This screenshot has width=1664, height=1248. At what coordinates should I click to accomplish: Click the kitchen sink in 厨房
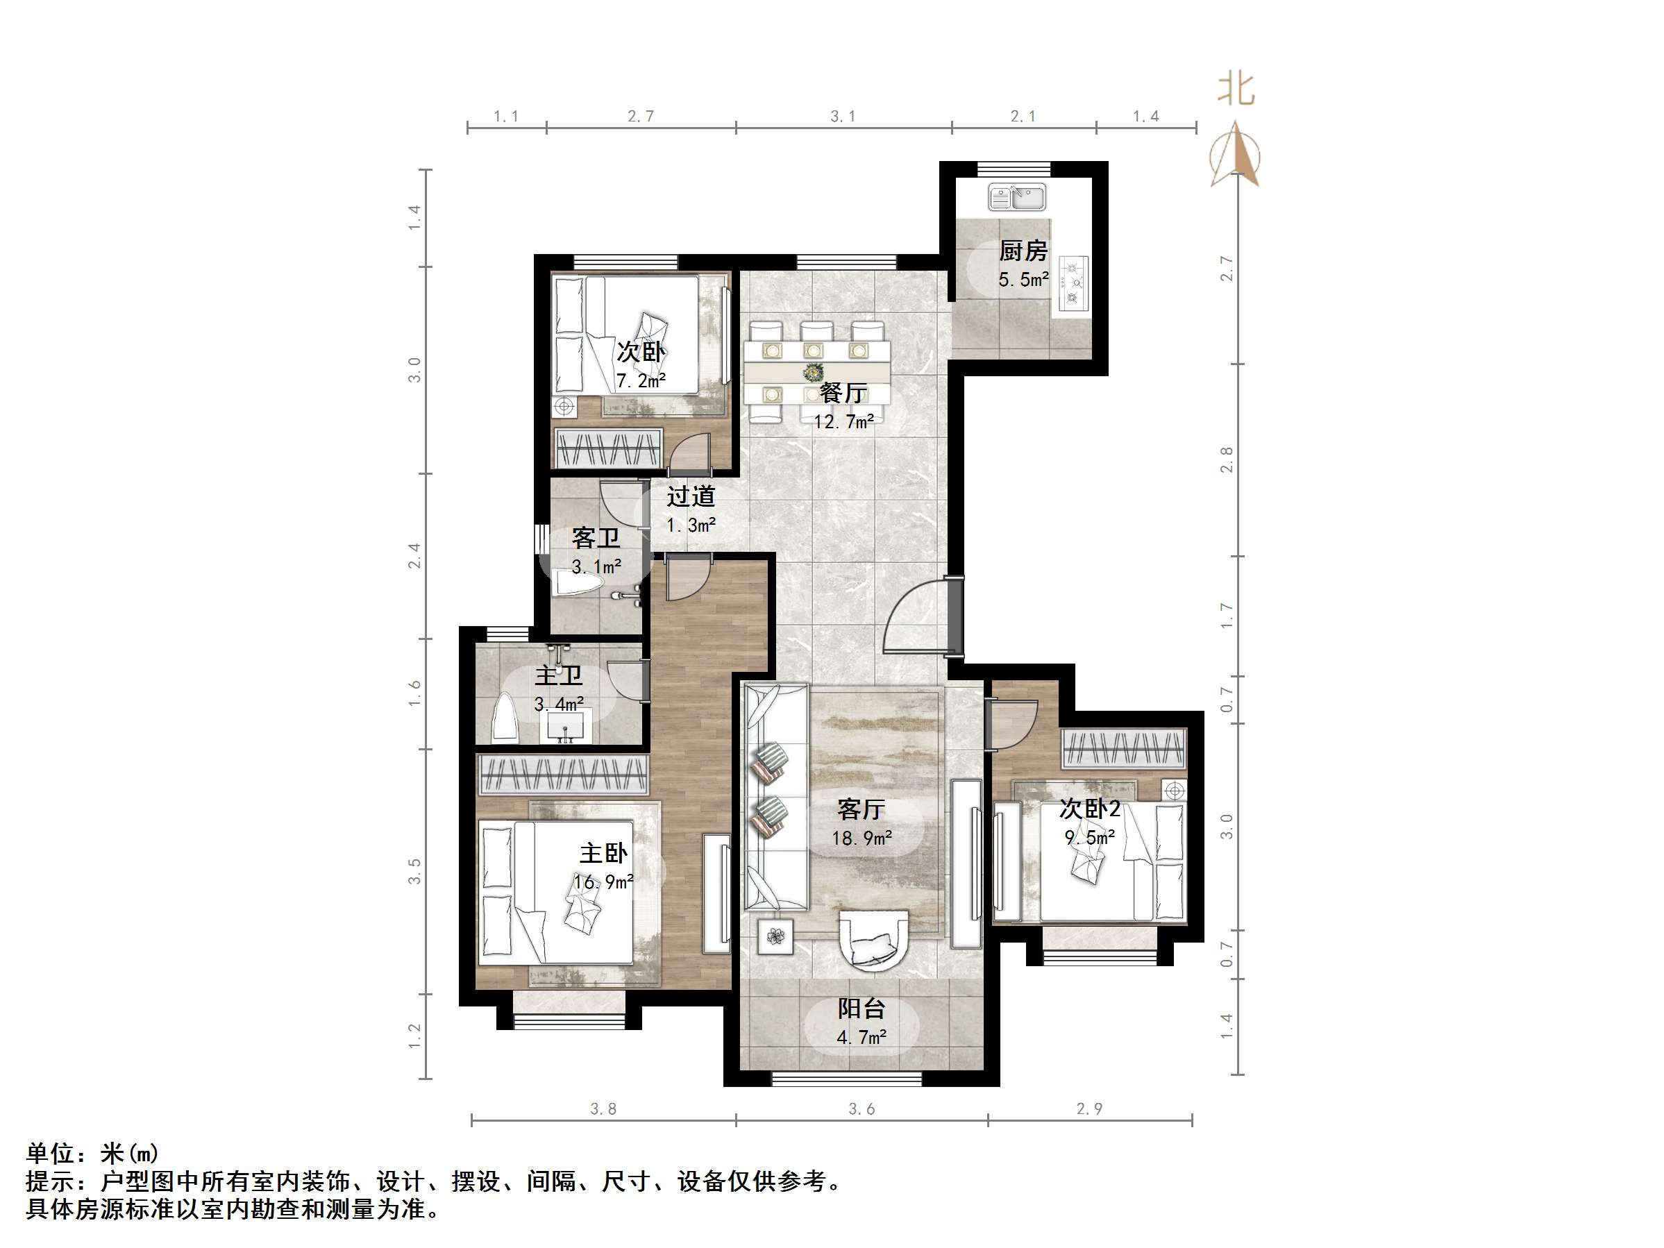[x=1016, y=198]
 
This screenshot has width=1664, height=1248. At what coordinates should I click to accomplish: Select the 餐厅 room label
[x=843, y=393]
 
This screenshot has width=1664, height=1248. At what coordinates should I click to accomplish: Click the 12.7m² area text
[x=843, y=421]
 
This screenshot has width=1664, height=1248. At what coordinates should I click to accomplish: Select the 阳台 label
[x=862, y=1008]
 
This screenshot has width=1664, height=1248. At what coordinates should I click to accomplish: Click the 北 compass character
[x=1236, y=90]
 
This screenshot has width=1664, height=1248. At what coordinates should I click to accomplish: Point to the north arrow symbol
[x=1235, y=154]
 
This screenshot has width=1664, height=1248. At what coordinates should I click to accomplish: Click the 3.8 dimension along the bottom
[x=603, y=1108]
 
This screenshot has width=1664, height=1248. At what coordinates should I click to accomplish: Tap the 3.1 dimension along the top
[x=843, y=116]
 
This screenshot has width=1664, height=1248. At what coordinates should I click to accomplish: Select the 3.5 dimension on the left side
[x=414, y=871]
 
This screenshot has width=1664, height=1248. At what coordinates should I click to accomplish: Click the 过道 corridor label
[x=691, y=496]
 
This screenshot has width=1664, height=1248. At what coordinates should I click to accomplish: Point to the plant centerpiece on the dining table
[x=812, y=372]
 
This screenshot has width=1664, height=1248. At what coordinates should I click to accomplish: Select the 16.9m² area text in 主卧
[x=603, y=882]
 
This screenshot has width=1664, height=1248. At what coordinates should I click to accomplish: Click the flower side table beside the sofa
[x=775, y=936]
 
